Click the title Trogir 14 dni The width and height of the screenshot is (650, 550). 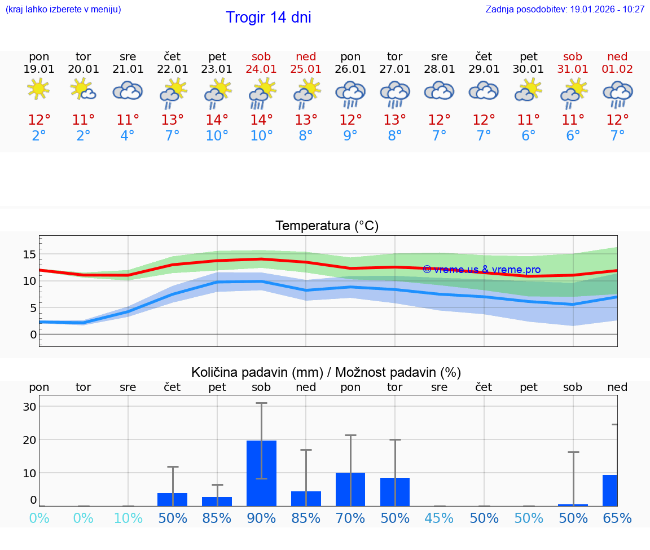coord(269,17)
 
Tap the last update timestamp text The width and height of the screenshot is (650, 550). coord(565,10)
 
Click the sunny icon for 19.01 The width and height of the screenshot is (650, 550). coord(39,90)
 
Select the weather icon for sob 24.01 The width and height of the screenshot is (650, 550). coord(262,93)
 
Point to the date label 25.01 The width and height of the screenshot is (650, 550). coord(306,69)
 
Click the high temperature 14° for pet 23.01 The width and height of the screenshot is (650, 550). coord(217,120)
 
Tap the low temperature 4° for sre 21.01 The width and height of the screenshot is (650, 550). coord(128,136)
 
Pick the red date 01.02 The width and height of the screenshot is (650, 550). coord(617,69)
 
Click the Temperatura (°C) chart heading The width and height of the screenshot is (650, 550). coord(327,226)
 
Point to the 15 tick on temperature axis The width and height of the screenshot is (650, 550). coord(29,254)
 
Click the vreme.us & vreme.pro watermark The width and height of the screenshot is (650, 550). coord(482,270)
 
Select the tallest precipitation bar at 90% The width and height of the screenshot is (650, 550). coord(262,473)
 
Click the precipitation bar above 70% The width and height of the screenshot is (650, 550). coord(350,489)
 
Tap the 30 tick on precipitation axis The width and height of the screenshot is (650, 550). coord(29,407)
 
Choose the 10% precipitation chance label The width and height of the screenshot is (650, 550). coord(128,518)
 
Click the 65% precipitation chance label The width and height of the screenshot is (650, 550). coord(617,518)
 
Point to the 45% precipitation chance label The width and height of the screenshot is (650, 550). coord(440,518)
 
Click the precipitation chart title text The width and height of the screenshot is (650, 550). coord(326,372)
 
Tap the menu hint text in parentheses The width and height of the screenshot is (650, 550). coord(63,10)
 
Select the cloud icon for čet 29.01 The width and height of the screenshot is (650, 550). coord(484,90)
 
